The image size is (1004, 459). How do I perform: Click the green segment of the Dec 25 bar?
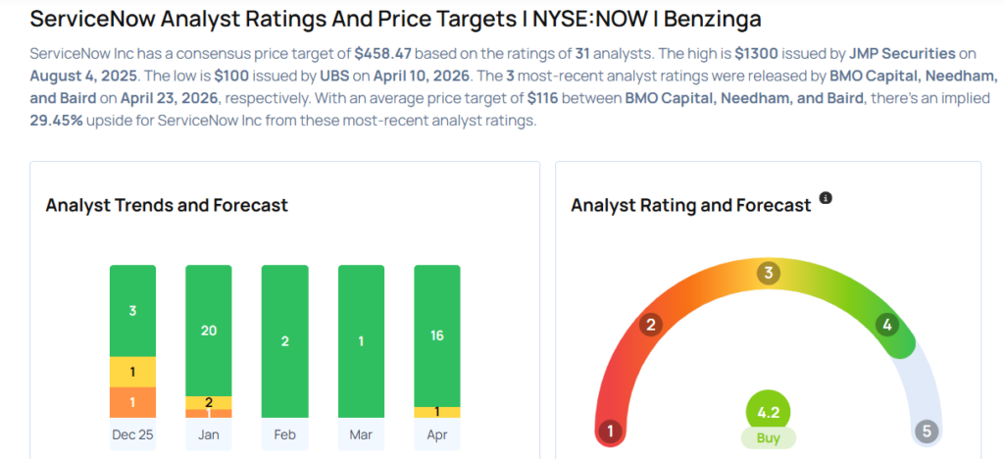point(132,310)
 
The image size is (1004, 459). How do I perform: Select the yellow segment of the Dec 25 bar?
point(132,372)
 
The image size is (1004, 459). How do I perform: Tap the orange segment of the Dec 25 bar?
point(132,402)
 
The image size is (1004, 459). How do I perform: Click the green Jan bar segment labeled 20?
point(208,331)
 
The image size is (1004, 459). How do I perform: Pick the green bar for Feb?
point(284,340)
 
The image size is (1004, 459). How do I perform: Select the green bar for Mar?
point(361,340)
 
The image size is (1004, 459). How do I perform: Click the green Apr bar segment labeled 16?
point(436,334)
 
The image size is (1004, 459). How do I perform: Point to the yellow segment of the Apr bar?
point(436,412)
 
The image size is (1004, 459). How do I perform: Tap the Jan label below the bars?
point(208,434)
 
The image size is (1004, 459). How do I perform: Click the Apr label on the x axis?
point(436,434)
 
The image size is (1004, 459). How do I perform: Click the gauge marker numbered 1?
point(609,431)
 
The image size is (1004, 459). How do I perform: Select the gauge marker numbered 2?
point(649,325)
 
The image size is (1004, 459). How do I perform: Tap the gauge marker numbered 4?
point(887,325)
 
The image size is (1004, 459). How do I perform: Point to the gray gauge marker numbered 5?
point(927,431)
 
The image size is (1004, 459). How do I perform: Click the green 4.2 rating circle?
point(768,412)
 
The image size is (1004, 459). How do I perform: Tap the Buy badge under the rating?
point(768,438)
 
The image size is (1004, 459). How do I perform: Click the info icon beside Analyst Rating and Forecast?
point(826,198)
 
